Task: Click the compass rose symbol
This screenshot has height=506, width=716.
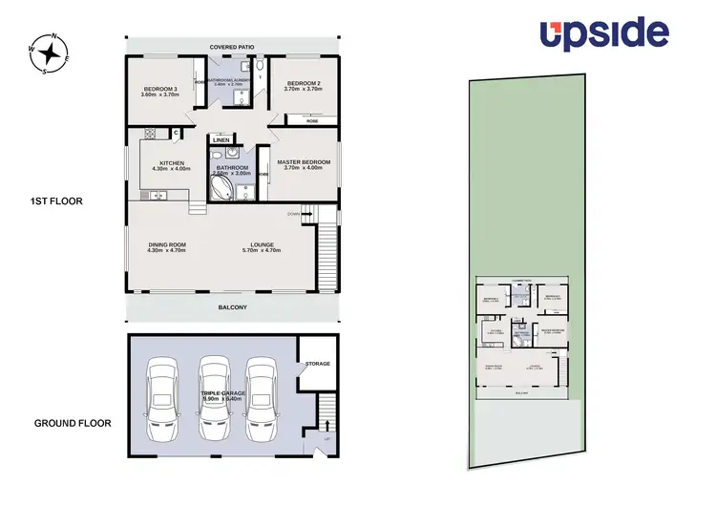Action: pos(50,53)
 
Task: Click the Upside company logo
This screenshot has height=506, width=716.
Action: pos(603,33)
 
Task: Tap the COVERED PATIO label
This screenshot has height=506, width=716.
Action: pos(234,46)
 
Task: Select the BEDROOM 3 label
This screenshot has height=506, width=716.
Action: pos(160,91)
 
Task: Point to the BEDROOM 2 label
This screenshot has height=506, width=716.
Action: pos(305,84)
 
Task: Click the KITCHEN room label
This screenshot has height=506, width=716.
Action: pos(172,165)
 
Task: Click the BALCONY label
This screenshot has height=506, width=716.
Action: pos(234,306)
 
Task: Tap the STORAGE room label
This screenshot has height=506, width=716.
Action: pos(317,364)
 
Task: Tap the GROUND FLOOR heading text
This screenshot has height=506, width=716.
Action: pos(73,423)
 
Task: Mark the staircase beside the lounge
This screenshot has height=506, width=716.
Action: pos(326,250)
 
